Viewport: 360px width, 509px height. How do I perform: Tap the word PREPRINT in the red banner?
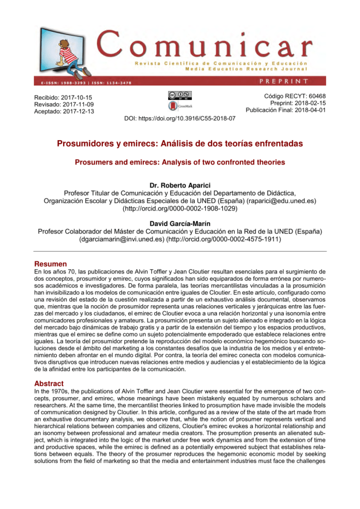(x=283, y=81)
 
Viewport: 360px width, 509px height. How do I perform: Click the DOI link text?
(x=180, y=119)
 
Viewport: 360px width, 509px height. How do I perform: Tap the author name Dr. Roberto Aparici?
(x=180, y=185)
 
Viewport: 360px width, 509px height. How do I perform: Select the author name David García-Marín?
(x=180, y=224)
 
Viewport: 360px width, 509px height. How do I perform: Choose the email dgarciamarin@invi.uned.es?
(x=122, y=240)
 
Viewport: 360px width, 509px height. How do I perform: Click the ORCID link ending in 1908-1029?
(x=180, y=209)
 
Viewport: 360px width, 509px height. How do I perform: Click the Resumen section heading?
(x=50, y=263)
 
